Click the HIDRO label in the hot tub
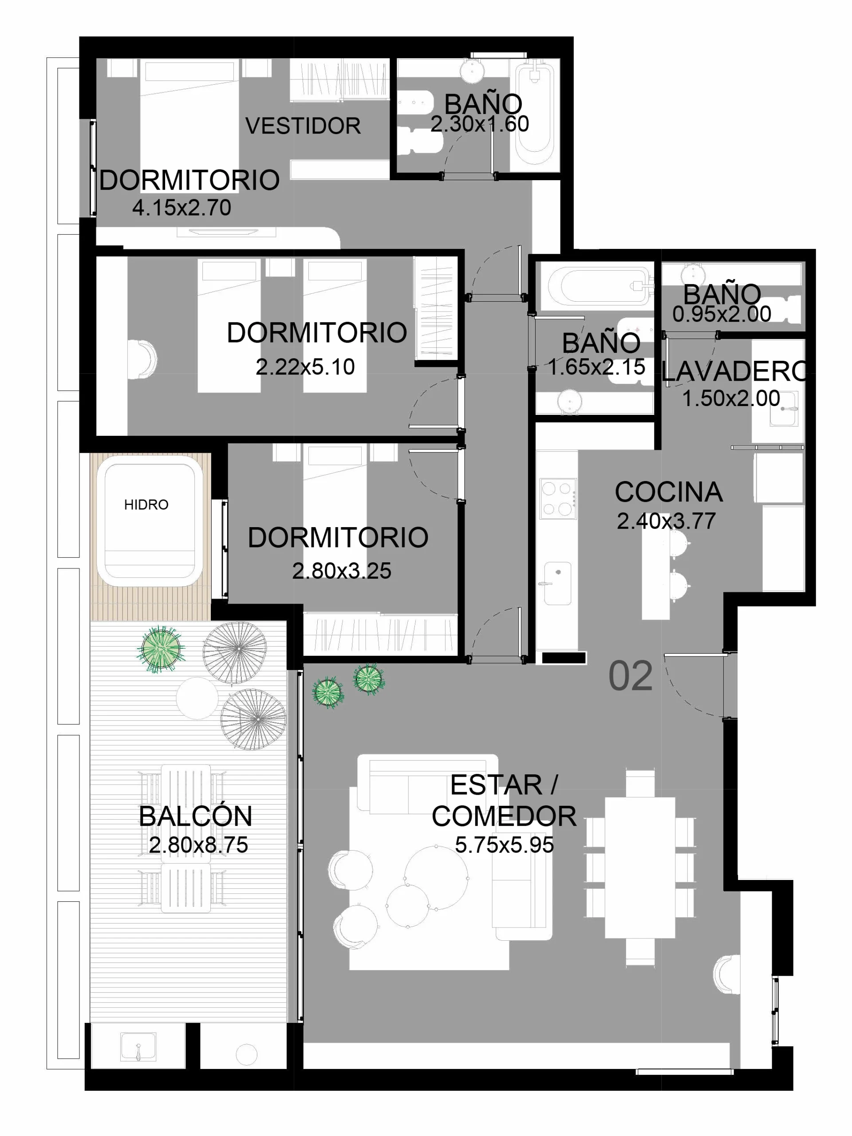[146, 505]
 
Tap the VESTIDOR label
[303, 126]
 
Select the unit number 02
[630, 676]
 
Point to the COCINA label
[668, 492]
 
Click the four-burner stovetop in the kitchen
[558, 497]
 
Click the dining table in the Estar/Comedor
[639, 868]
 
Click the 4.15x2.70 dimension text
[181, 208]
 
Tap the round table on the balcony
[197, 698]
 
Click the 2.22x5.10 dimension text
[305, 367]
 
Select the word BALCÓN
[196, 816]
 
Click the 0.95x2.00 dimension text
[722, 314]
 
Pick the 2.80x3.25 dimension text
[342, 571]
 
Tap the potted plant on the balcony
[161, 649]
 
